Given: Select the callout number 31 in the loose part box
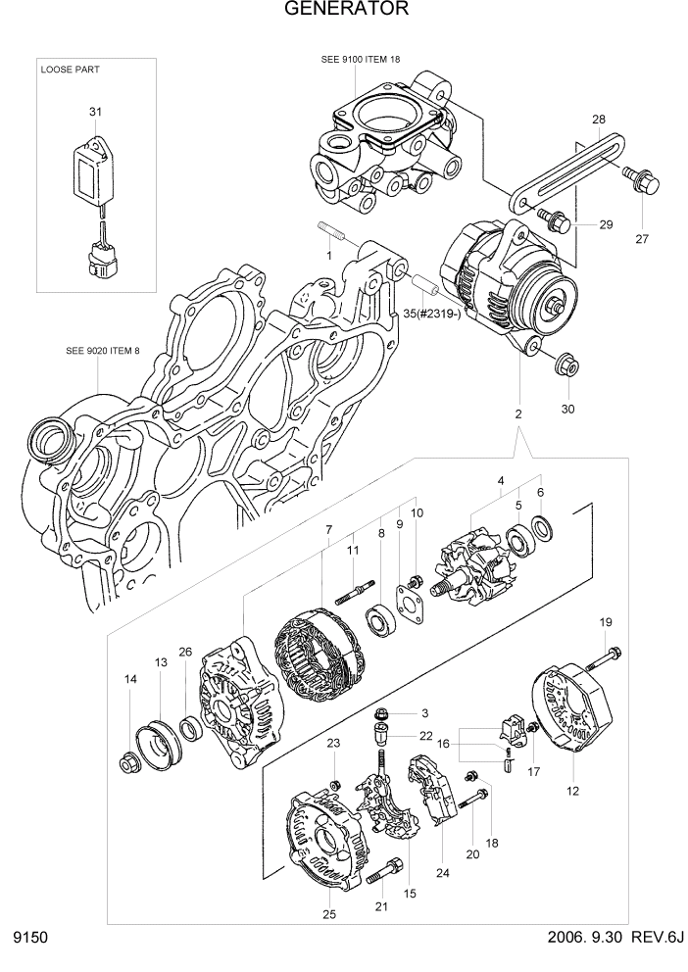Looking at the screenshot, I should (95, 113).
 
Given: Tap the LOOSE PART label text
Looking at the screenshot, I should (70, 71).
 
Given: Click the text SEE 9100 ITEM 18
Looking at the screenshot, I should (361, 60).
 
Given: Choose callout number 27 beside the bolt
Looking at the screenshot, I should (643, 238).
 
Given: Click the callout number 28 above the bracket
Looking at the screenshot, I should (598, 120).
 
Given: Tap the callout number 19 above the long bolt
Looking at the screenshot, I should (606, 622).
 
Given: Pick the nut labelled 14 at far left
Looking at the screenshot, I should (128, 761).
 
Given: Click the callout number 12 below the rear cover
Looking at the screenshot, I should (573, 789).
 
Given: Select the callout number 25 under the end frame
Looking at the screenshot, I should (329, 914).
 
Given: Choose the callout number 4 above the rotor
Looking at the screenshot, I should (501, 481).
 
